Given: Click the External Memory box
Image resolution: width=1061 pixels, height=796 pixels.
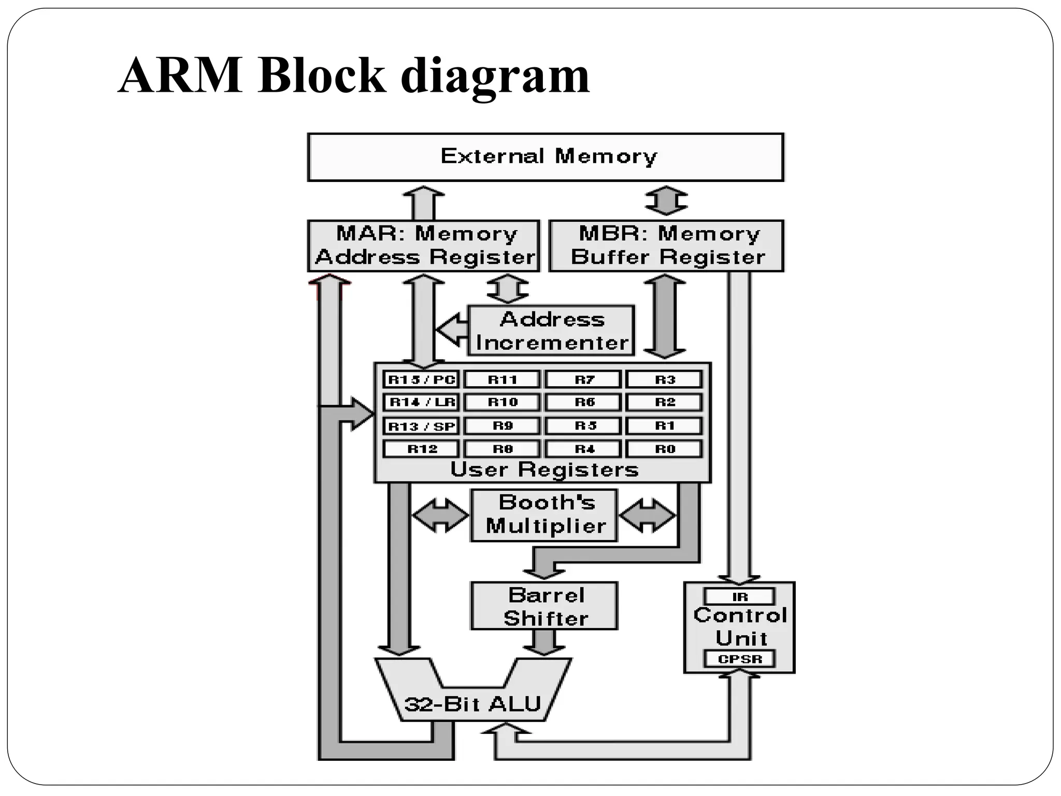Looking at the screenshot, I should (x=546, y=157).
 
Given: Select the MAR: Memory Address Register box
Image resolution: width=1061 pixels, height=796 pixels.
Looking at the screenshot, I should (x=423, y=246).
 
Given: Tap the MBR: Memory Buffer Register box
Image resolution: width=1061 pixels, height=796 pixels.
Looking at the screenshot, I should (x=666, y=246).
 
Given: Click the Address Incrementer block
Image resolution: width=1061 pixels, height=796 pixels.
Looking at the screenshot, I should (x=551, y=331).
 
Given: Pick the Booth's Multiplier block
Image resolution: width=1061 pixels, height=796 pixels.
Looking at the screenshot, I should (x=544, y=515).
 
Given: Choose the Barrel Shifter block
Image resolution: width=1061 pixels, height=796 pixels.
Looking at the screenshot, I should (x=544, y=606).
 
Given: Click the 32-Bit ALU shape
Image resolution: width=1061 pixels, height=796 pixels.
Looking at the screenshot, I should (x=472, y=703).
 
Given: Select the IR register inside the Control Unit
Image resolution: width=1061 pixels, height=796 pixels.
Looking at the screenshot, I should (x=739, y=596).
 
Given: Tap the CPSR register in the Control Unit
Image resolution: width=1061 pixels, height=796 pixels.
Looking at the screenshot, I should (x=739, y=659).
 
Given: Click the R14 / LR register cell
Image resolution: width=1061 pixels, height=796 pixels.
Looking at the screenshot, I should (x=421, y=402).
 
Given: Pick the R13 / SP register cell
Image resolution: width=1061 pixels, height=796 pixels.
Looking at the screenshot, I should (x=421, y=426).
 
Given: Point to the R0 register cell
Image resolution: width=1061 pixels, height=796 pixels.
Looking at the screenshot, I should (x=664, y=449).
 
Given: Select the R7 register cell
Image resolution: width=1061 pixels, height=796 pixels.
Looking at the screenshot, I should (x=583, y=379).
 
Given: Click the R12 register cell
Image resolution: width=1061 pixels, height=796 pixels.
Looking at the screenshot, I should (x=421, y=449).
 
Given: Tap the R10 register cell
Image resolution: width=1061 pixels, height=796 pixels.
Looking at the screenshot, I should (x=502, y=402).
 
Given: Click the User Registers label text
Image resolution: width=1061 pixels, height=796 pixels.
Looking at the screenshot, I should (x=544, y=470).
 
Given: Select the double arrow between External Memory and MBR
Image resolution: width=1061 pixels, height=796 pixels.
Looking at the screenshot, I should (x=666, y=201).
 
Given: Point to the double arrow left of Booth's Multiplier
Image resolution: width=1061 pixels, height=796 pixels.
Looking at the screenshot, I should (x=440, y=515).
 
